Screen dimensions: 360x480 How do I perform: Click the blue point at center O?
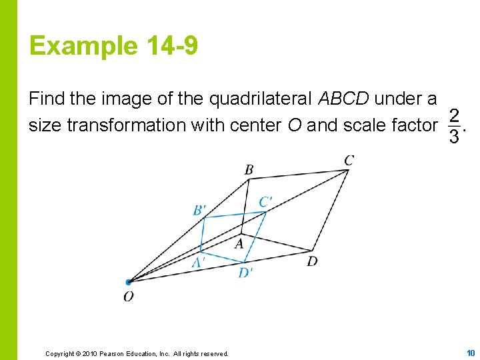(x=128, y=282)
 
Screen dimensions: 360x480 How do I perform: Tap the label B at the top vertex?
(x=249, y=169)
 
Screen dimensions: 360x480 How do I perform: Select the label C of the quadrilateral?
(x=349, y=160)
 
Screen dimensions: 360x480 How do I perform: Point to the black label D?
(x=312, y=261)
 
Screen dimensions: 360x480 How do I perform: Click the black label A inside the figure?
(x=239, y=244)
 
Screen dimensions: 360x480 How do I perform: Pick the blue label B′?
(x=199, y=211)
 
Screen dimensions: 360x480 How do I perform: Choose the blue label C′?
(x=265, y=202)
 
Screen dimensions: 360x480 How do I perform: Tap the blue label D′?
(x=245, y=272)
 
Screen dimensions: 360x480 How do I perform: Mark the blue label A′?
(x=198, y=263)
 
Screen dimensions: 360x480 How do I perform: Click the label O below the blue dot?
(x=128, y=297)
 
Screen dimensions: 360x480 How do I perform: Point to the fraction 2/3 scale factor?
(x=453, y=126)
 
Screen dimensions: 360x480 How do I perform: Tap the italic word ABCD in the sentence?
(x=344, y=99)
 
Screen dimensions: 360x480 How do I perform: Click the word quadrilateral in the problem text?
(x=260, y=99)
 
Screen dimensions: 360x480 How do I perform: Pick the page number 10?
(x=471, y=353)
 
